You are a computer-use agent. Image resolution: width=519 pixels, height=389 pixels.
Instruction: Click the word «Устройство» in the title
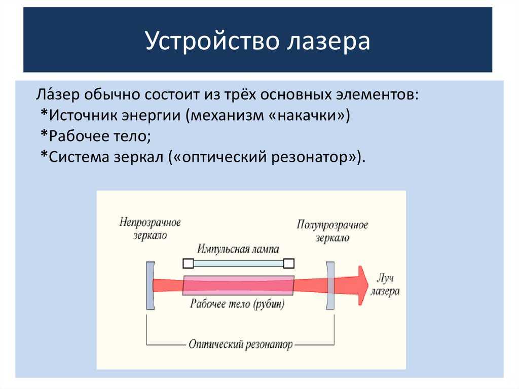(x=212, y=41)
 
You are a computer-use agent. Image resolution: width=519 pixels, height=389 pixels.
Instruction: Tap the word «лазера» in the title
(x=328, y=42)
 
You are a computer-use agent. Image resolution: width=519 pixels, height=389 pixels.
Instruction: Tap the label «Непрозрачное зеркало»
(x=150, y=229)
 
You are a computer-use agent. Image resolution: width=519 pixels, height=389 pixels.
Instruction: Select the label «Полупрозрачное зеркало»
(x=332, y=231)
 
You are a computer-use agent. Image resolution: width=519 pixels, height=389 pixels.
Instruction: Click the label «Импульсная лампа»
(x=238, y=249)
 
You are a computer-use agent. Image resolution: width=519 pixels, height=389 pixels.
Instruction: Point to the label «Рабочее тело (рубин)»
(x=237, y=304)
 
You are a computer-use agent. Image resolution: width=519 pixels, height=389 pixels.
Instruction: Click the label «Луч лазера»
(x=385, y=285)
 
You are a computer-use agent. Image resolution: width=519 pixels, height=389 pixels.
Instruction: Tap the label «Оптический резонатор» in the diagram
(x=241, y=344)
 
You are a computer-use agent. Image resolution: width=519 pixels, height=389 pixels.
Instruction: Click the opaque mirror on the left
(x=150, y=286)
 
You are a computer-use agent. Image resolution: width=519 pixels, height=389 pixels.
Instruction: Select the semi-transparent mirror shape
(x=330, y=286)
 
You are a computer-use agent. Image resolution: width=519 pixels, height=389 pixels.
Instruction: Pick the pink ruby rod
(x=238, y=286)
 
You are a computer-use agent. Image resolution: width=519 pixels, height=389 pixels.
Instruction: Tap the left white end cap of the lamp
(x=189, y=263)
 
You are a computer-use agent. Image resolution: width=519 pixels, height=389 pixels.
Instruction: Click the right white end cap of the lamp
(x=289, y=263)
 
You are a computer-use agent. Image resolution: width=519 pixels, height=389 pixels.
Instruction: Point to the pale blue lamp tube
(x=239, y=263)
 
